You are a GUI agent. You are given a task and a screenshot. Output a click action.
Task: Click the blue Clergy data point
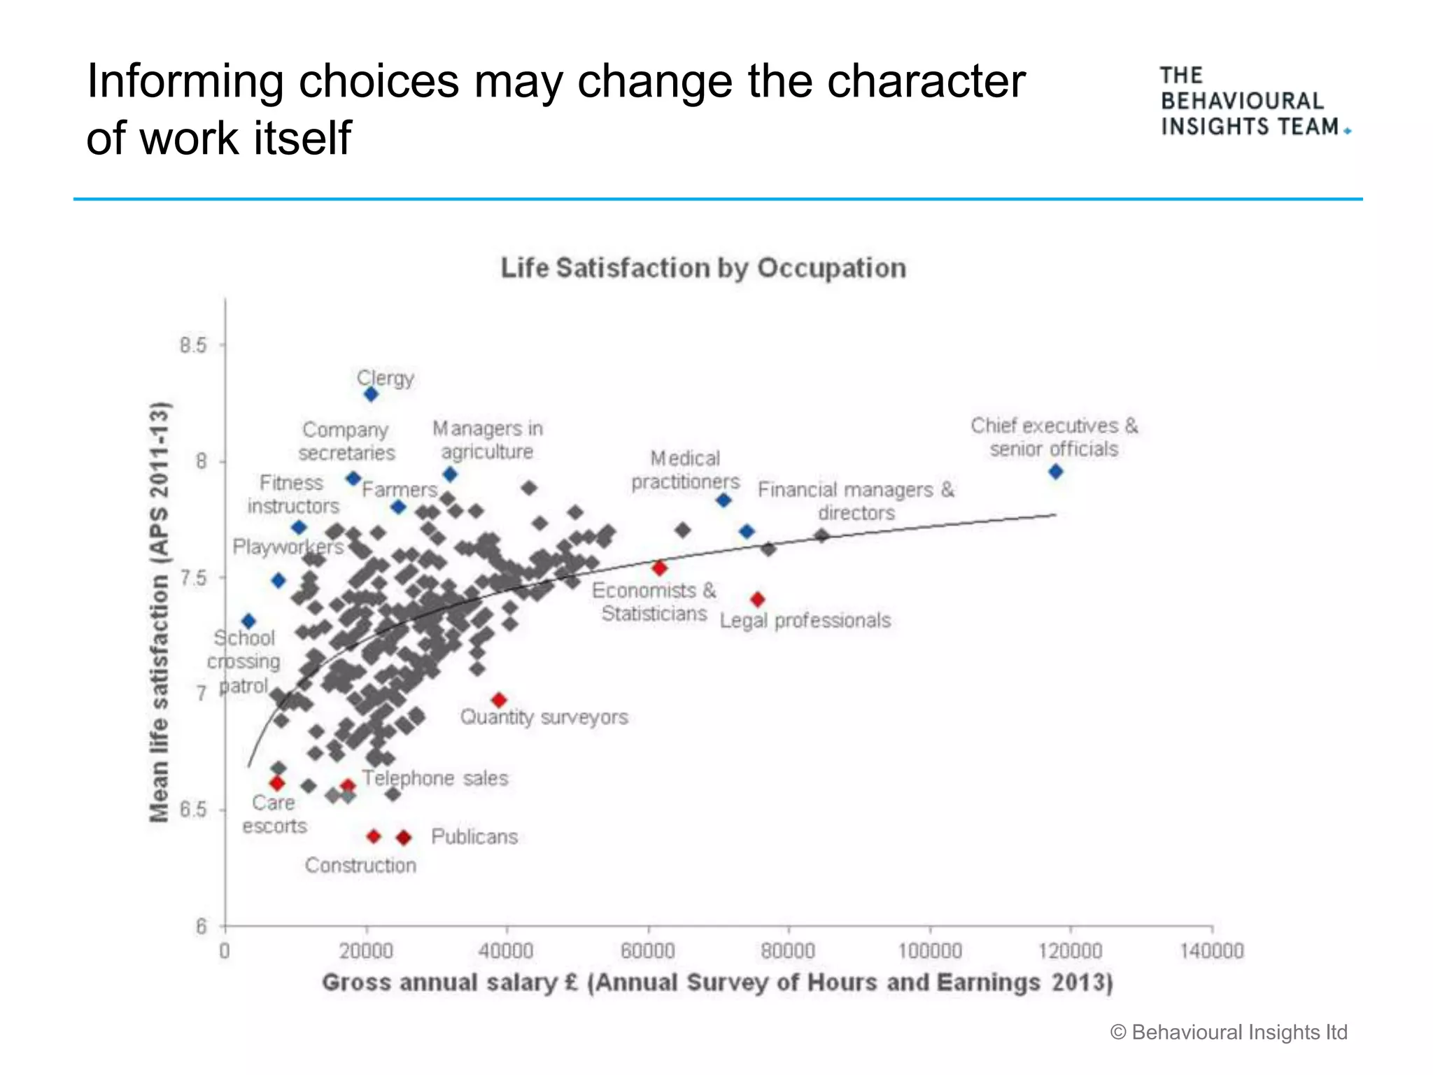(371, 395)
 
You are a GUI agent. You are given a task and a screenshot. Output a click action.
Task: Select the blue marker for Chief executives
(1056, 472)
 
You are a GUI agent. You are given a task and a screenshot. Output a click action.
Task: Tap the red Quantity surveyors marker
(499, 700)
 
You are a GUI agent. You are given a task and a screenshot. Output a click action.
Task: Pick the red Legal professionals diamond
(757, 600)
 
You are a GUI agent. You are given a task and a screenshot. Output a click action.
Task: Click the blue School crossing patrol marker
(248, 621)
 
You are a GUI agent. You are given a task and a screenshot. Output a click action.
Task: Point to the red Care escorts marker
(277, 782)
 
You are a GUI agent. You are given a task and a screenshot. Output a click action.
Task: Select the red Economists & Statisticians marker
(659, 568)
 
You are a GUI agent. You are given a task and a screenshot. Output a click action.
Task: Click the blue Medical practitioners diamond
(723, 500)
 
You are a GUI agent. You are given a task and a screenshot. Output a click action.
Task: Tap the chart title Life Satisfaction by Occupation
(703, 268)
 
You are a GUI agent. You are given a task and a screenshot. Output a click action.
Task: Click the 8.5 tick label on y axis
(193, 345)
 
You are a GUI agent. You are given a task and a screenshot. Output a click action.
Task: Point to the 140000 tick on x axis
(1212, 951)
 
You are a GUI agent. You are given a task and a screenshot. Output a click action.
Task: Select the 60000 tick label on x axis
(648, 951)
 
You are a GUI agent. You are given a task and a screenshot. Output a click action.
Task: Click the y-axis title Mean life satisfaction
(160, 612)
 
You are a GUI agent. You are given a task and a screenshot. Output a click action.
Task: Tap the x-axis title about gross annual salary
(717, 983)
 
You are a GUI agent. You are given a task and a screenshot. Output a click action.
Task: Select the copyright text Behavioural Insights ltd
(1229, 1032)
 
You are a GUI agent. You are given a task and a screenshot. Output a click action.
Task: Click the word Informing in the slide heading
(185, 81)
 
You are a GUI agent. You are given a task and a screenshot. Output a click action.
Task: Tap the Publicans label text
(474, 837)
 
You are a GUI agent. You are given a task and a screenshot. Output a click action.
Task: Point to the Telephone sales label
(435, 778)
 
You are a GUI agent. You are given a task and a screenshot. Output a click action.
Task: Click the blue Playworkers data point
(278, 581)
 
